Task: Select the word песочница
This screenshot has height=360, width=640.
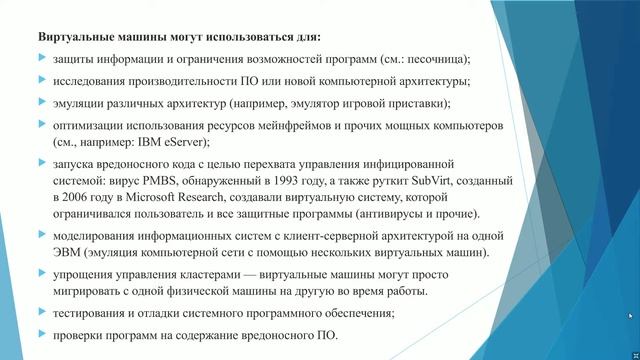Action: [431, 59]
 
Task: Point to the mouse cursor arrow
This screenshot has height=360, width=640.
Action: [630, 316]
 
